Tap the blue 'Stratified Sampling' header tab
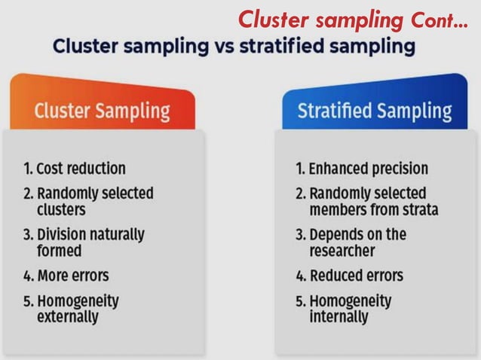(375, 111)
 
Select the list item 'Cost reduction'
(74, 168)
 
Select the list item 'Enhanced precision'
(361, 168)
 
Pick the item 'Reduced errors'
(349, 275)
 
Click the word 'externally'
(68, 317)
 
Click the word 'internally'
(339, 317)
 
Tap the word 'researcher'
(342, 250)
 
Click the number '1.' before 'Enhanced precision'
(299, 168)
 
